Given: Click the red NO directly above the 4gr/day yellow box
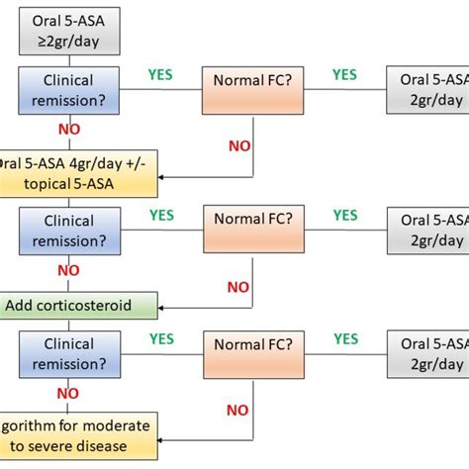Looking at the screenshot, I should (68, 130).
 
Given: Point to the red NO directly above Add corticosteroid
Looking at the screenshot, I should (68, 269).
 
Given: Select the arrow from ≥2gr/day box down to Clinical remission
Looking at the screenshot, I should (68, 59).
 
